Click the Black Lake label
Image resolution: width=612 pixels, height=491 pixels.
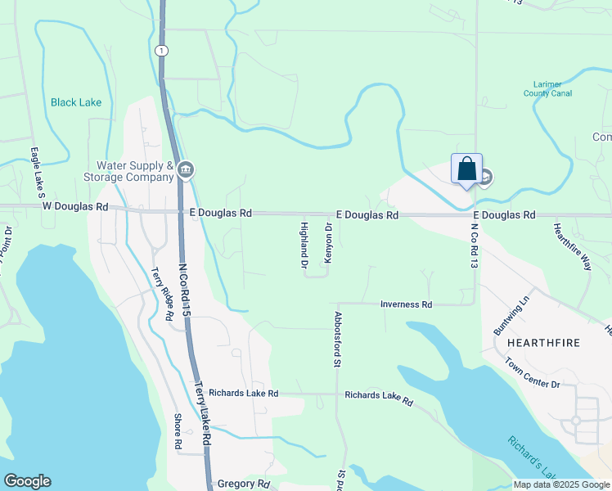pos(76,102)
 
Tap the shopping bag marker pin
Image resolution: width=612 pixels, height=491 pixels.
pos(466,169)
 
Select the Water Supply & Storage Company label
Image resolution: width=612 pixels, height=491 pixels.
pos(129,170)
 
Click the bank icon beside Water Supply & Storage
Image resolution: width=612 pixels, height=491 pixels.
pos(186,170)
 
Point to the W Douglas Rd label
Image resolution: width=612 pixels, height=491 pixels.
pos(75,207)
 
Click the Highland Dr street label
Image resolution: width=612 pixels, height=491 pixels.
pos(304,245)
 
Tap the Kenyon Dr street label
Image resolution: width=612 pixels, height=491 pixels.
pos(328,243)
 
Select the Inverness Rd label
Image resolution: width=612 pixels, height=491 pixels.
pos(406,304)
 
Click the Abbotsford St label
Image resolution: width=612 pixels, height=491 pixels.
pos(336,339)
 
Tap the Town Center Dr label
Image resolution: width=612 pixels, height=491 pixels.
pos(532,372)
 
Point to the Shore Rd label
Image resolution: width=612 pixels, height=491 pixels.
pos(177,431)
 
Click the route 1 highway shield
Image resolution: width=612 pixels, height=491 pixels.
pos(163,51)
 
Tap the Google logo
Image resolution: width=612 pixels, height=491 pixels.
pos(27,481)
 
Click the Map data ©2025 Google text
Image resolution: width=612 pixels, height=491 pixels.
pos(561,484)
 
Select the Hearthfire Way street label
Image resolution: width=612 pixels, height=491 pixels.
pos(572,246)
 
